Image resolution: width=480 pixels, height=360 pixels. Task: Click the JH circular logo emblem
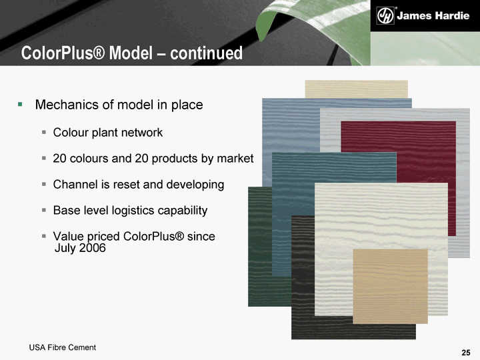click(x=385, y=15)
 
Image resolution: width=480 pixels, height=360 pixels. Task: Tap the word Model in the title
click(x=131, y=53)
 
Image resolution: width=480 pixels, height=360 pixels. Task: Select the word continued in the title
click(x=206, y=53)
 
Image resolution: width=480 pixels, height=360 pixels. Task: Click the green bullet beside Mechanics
click(x=20, y=105)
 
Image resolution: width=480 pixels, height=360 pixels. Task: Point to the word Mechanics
click(x=67, y=105)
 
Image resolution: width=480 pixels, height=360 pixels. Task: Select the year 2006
click(x=92, y=247)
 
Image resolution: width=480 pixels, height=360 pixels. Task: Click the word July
click(x=65, y=248)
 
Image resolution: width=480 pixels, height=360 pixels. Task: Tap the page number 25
click(x=466, y=353)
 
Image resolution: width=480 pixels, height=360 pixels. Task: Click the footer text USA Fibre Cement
click(x=63, y=347)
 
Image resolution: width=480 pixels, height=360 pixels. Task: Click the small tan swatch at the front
click(x=390, y=286)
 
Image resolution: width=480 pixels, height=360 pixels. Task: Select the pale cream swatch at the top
click(x=356, y=89)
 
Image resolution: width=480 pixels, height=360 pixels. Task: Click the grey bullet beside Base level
click(x=44, y=210)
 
